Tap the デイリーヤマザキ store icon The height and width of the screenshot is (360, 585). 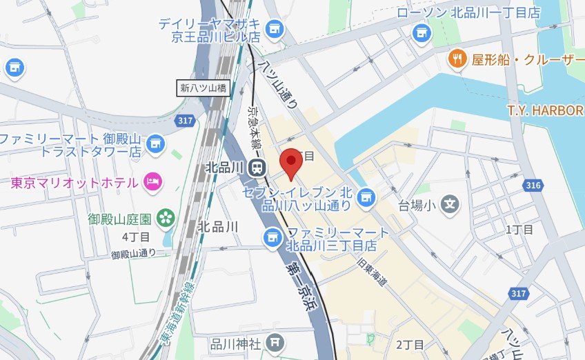pyautogui.click(x=275, y=28)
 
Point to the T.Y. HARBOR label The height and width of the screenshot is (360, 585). pyautogui.click(x=545, y=110)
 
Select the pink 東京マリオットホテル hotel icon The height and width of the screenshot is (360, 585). pyautogui.click(x=152, y=182)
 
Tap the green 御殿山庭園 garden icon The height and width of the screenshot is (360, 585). pyautogui.click(x=166, y=219)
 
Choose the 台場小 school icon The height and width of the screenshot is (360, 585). pyautogui.click(x=450, y=204)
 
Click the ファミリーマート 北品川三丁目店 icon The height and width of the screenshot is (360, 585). pyautogui.click(x=272, y=237)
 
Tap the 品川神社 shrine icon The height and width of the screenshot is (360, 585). pyautogui.click(x=275, y=342)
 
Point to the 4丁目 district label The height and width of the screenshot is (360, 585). pyautogui.click(x=136, y=237)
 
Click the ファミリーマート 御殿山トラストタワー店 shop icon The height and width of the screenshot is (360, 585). pyautogui.click(x=156, y=143)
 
